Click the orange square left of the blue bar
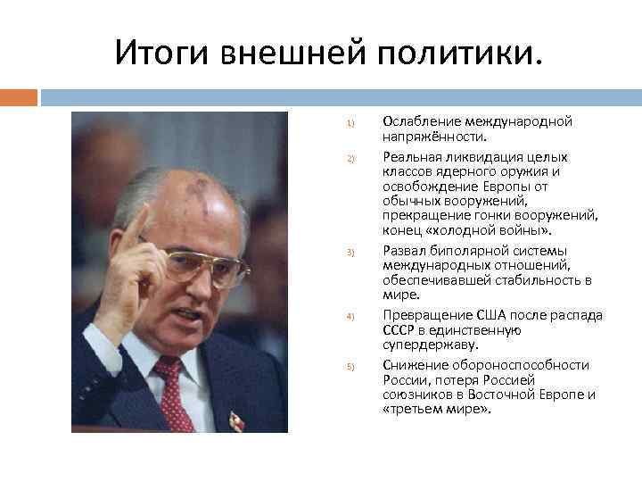[19, 96]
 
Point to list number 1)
[351, 122]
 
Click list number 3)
[351, 253]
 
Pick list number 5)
[351, 366]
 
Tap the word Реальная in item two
[410, 156]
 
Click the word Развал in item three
[403, 251]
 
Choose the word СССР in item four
[399, 330]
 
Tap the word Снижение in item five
[410, 365]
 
